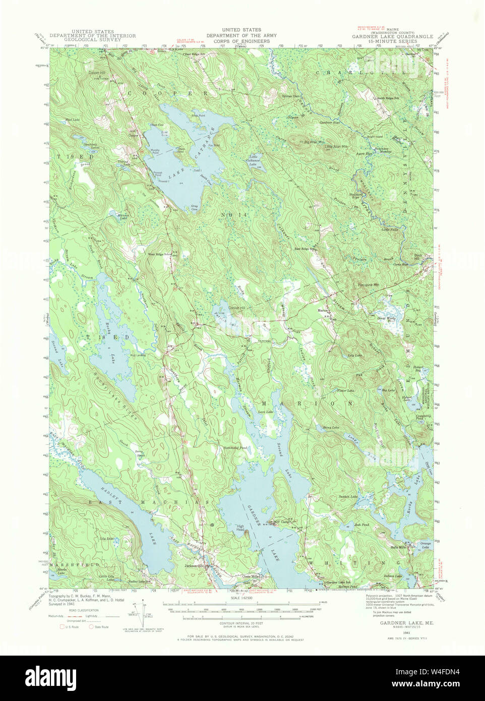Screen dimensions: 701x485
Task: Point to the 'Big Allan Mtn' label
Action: click(x=314, y=142)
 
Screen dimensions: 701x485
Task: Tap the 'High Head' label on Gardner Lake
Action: click(x=240, y=529)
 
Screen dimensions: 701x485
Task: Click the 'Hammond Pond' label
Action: click(x=236, y=448)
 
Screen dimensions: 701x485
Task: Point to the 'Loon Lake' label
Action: click(x=265, y=413)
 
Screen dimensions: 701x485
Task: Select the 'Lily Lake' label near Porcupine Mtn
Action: click(x=355, y=356)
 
